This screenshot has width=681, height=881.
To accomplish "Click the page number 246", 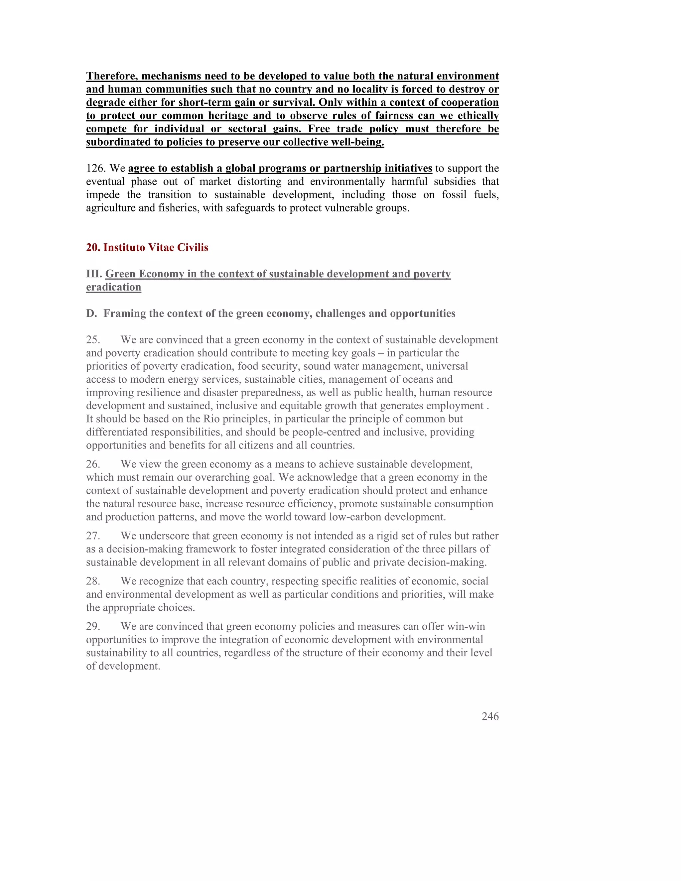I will click(490, 716).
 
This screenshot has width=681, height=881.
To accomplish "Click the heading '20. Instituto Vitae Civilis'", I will click(147, 247).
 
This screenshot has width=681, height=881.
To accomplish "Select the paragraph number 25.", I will click(93, 340).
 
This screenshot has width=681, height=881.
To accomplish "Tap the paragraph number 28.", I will click(93, 581).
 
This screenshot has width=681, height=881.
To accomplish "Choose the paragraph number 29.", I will click(93, 626).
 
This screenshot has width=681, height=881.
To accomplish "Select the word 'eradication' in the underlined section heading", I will click(113, 287).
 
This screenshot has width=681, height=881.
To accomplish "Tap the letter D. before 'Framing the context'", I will click(91, 314).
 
